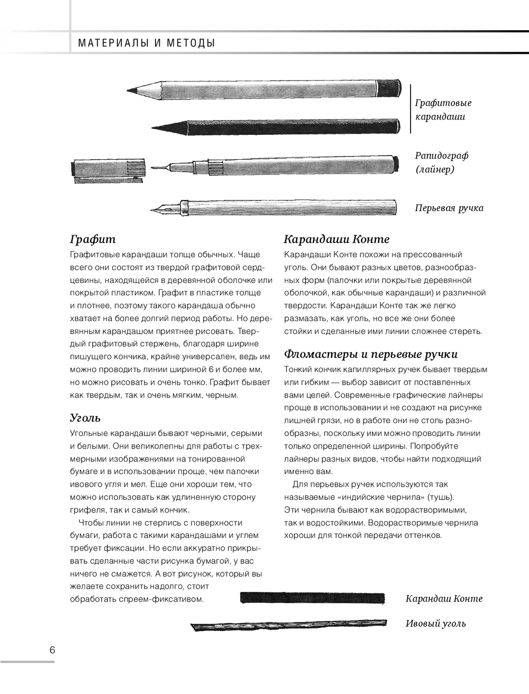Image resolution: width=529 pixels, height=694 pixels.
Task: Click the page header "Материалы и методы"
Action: pos(147,43)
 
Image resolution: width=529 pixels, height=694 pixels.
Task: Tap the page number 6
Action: pos(52,650)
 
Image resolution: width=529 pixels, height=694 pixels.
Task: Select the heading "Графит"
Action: pos(93,239)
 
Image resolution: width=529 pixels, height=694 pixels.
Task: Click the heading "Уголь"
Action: pos(85,417)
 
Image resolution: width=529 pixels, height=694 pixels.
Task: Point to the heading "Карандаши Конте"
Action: pos(336,239)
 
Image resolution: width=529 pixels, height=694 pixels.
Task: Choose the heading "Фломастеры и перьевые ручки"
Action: pos(371,354)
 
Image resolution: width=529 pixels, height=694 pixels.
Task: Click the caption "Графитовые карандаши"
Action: pos(443,109)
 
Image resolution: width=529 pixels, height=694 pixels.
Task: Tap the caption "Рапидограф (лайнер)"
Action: pos(442,162)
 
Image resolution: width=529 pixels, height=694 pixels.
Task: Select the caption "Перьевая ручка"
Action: pos(449,208)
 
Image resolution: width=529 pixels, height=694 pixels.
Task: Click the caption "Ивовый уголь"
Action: pos(435,623)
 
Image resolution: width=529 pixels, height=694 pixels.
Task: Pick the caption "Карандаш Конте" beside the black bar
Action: pos(444,598)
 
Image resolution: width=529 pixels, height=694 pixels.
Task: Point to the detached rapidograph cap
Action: pos(108,169)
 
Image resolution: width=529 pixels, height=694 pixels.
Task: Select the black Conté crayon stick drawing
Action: pos(313,598)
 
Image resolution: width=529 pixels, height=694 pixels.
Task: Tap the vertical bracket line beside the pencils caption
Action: pos(411,108)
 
